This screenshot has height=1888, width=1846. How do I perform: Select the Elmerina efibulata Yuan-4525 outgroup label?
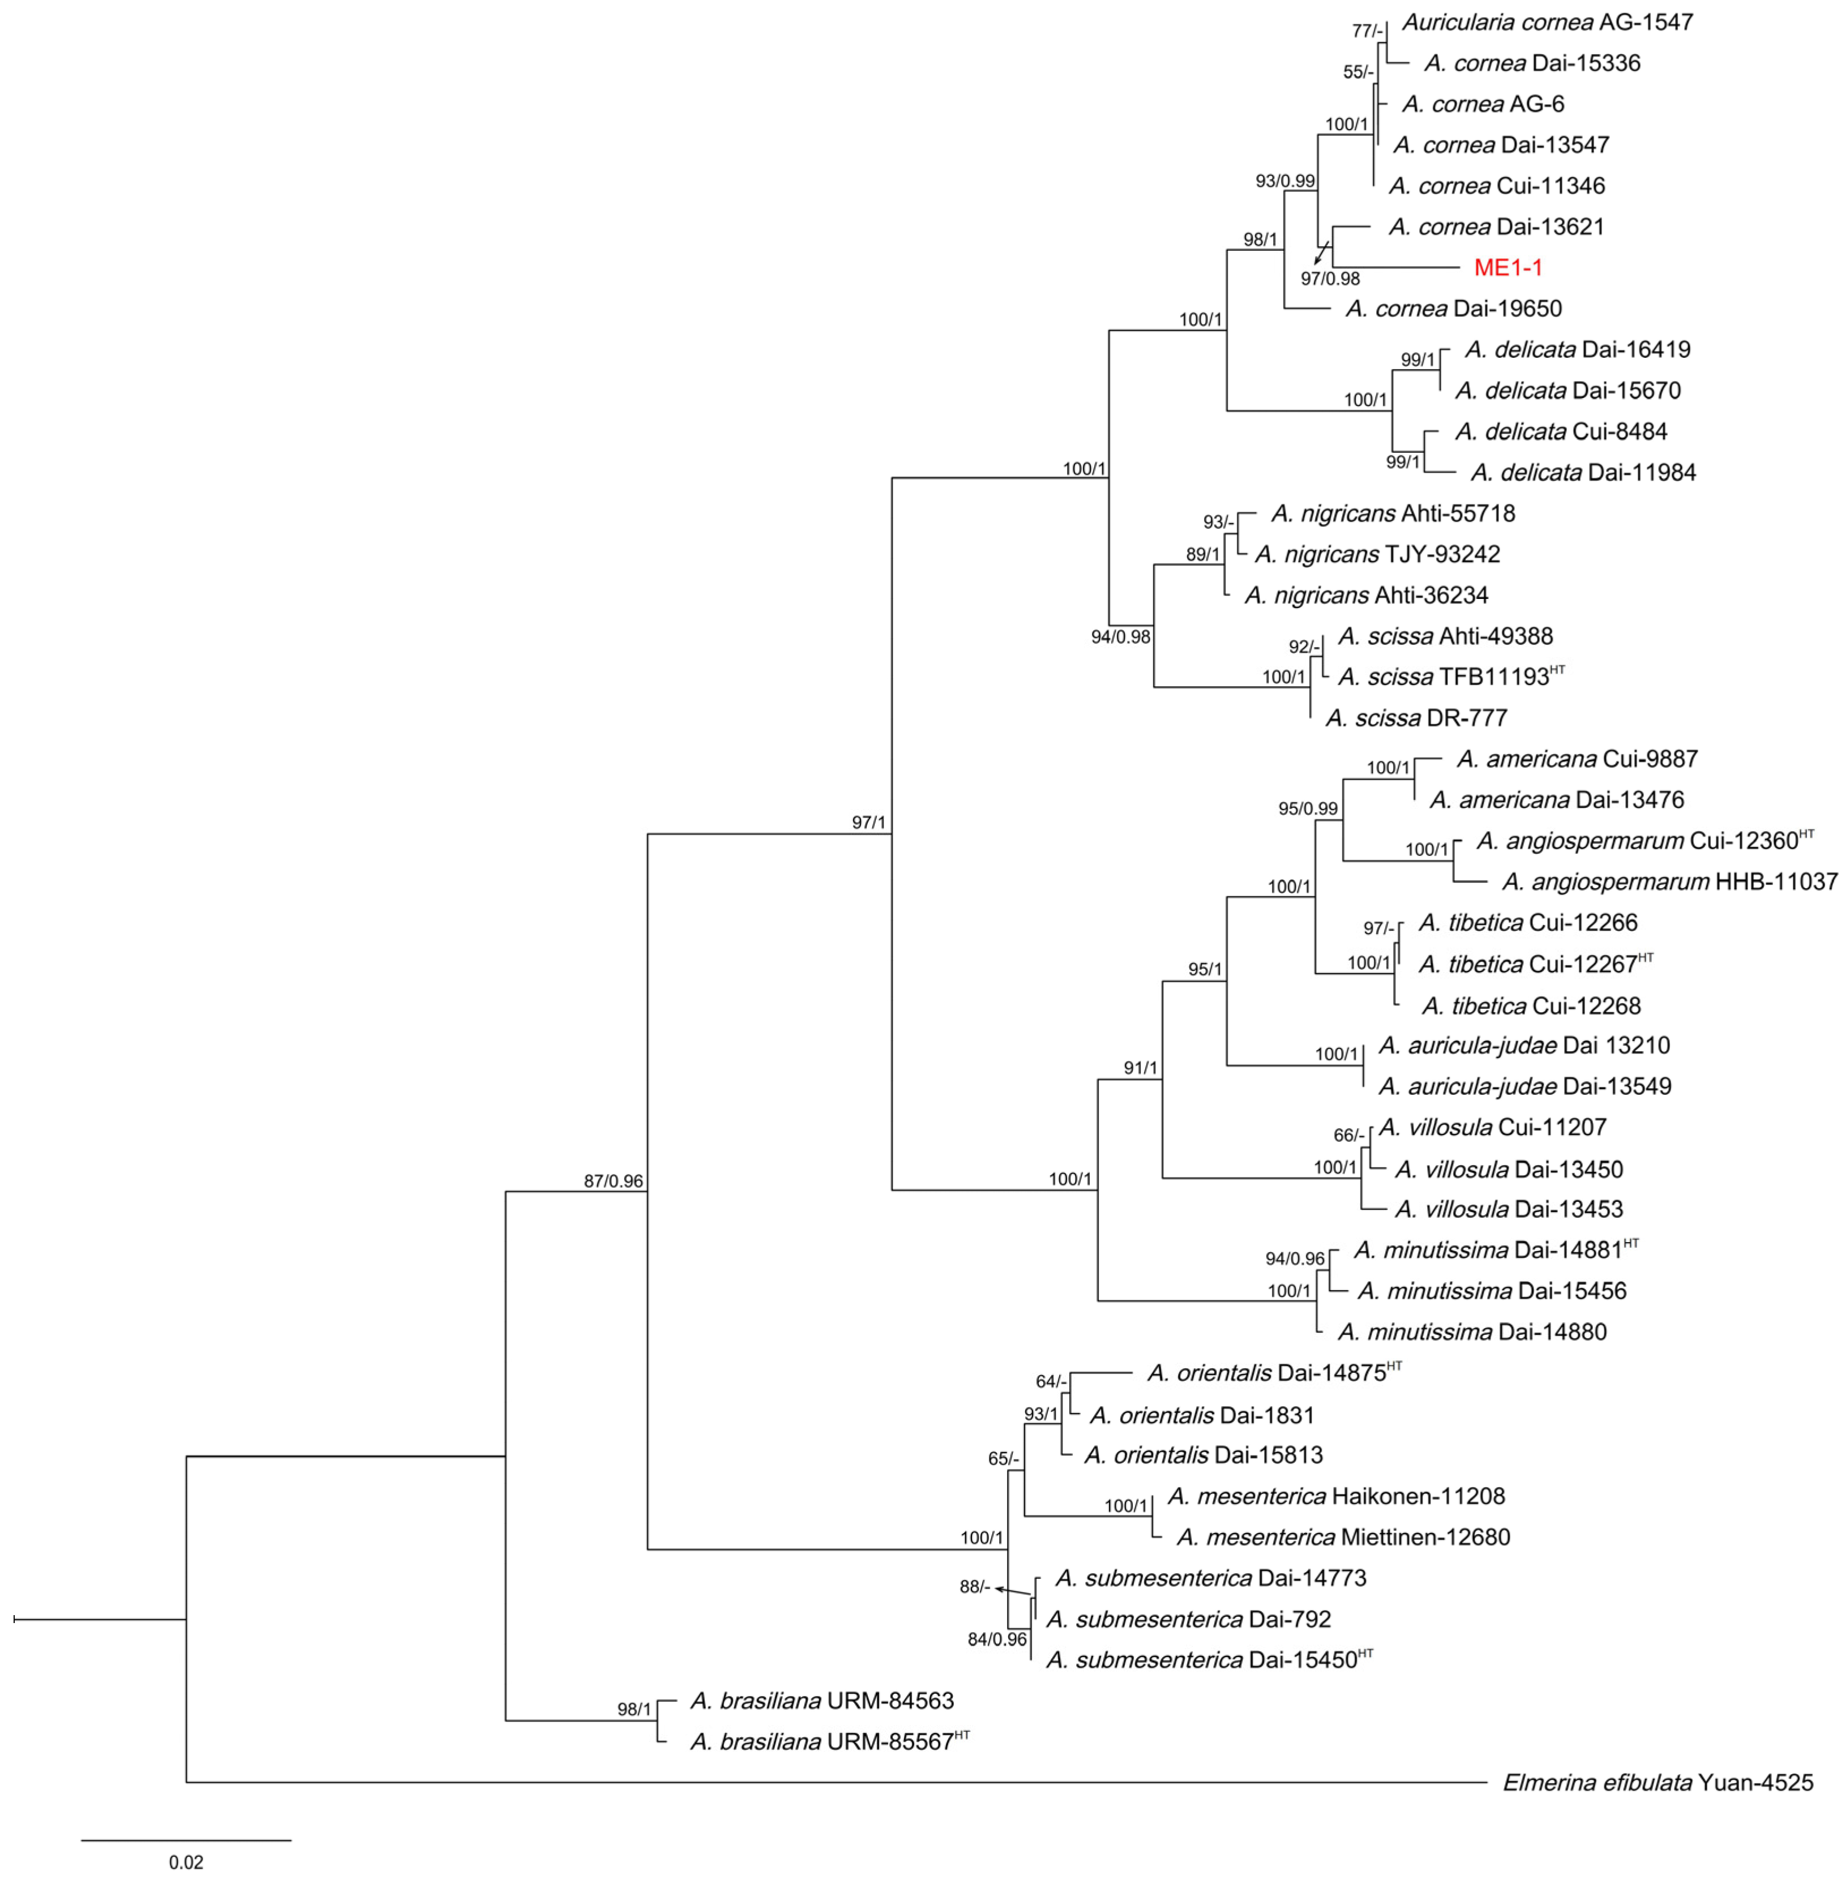[1658, 1782]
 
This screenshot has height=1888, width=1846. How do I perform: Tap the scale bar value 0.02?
[186, 1863]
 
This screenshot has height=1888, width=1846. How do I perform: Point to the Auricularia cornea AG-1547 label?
[1547, 22]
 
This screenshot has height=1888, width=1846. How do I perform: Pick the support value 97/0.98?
[1330, 279]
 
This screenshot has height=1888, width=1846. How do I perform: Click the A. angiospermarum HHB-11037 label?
[1669, 881]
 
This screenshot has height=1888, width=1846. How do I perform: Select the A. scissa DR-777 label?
[1416, 718]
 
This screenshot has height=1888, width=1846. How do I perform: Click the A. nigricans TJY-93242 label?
[1378, 555]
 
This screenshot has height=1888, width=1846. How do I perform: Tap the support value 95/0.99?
[1307, 809]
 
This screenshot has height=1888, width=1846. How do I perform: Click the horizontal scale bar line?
[186, 1839]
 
